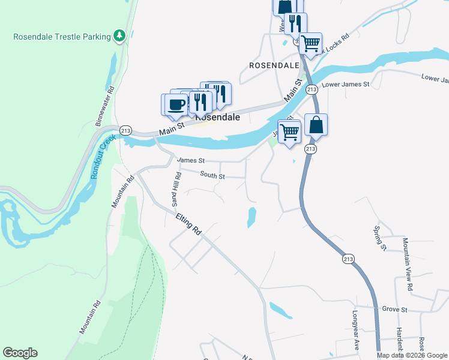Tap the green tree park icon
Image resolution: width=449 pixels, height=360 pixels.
(x=120, y=36)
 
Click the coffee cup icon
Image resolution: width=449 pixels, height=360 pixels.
(x=176, y=104)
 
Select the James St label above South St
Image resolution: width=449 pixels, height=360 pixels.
(x=191, y=161)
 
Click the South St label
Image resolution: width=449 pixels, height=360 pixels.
(x=212, y=176)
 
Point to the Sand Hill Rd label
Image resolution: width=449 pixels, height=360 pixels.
(x=176, y=189)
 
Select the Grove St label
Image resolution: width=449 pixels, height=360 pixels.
(x=395, y=310)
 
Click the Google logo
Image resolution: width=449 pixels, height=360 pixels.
(x=20, y=353)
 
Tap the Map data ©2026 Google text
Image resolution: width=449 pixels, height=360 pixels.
(x=412, y=355)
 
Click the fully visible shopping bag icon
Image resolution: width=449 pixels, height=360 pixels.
(x=316, y=125)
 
